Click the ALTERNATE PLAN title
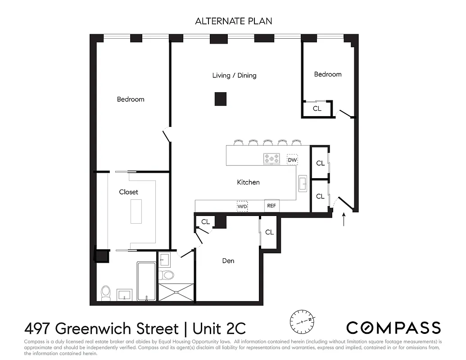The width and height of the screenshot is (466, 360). (x=233, y=21)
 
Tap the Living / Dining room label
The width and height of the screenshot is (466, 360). (x=234, y=75)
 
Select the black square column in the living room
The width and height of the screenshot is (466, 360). (x=220, y=99)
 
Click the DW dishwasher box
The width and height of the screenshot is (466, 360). (x=292, y=160)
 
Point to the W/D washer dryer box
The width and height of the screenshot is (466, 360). (x=242, y=206)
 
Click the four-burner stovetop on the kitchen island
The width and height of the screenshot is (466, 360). (x=271, y=159)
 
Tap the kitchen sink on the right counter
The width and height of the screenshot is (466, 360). (x=303, y=184)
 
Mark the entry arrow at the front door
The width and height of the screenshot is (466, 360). (x=344, y=220)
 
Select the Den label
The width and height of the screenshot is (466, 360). (x=228, y=261)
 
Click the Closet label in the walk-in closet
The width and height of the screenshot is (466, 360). (x=129, y=192)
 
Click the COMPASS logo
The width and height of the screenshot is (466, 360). (x=393, y=327)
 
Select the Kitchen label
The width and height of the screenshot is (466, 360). (x=248, y=182)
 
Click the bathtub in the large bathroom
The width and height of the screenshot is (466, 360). (x=146, y=281)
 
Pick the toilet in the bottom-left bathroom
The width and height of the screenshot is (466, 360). (x=106, y=293)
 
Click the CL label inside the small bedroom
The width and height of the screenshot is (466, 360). (x=317, y=109)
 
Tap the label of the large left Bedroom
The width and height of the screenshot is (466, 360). (x=131, y=99)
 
